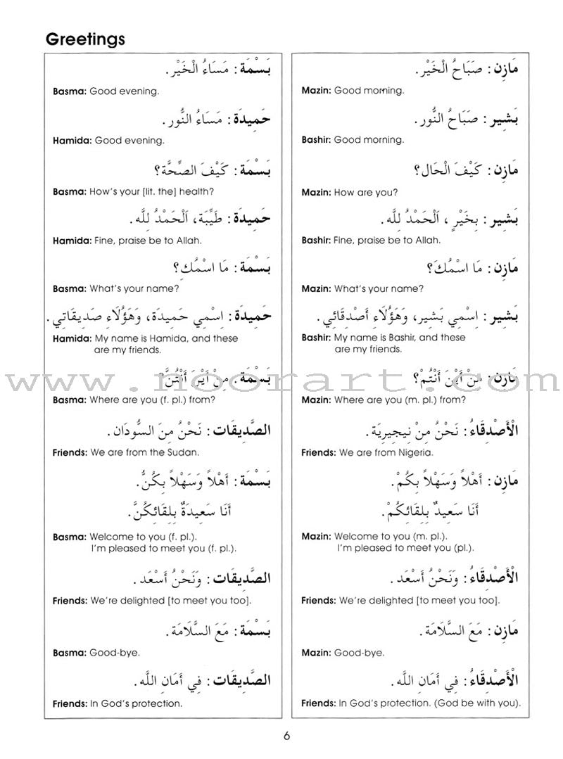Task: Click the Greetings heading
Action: tap(85, 39)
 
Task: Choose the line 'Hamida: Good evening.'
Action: tap(108, 140)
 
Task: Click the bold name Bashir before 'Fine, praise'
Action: tap(315, 241)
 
